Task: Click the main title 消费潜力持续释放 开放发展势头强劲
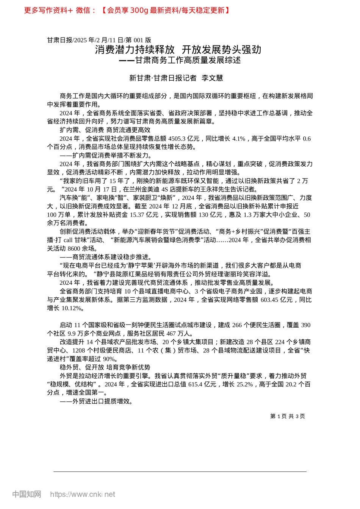(x=178, y=50)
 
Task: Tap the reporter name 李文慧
(x=212, y=78)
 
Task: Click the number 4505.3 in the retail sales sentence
(x=177, y=139)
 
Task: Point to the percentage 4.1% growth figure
(x=239, y=139)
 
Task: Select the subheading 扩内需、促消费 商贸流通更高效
(x=105, y=130)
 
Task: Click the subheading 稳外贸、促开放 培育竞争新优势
(x=105, y=367)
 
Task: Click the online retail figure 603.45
(x=269, y=300)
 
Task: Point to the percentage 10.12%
(x=71, y=308)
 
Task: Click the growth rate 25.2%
(x=245, y=384)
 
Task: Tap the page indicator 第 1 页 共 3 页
(x=288, y=416)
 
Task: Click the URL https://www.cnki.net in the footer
(x=83, y=495)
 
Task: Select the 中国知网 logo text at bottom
(x=27, y=495)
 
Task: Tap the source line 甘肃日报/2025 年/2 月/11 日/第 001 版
(x=99, y=40)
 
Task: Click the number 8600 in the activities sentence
(x=74, y=249)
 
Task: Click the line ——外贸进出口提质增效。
(x=96, y=401)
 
